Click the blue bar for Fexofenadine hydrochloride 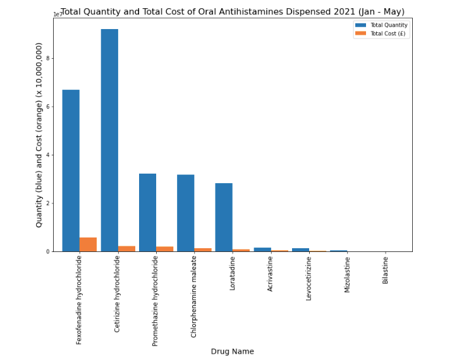click(71, 171)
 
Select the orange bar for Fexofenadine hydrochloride click(88, 244)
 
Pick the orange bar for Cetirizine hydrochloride click(126, 249)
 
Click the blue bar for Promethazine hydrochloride click(147, 212)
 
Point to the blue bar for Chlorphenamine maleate click(185, 213)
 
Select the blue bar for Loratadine click(224, 217)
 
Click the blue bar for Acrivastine click(262, 249)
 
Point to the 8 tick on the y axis click(47, 58)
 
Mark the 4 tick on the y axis click(47, 155)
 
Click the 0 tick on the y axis click(47, 251)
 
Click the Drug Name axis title click(232, 351)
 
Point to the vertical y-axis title click(39, 135)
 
